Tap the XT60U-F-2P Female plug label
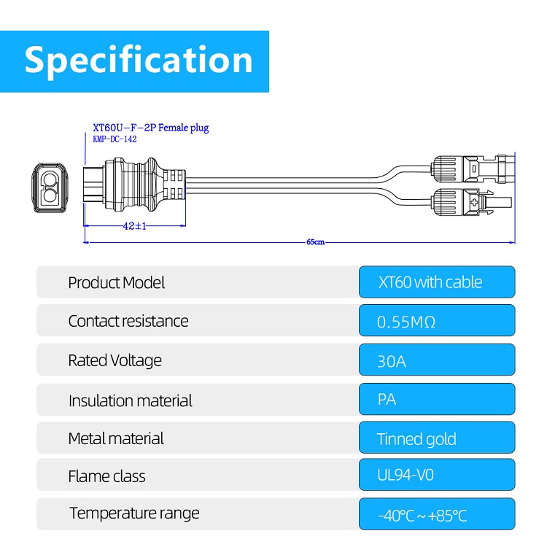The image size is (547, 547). pyautogui.click(x=151, y=128)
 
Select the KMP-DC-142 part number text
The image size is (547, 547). pyautogui.click(x=115, y=139)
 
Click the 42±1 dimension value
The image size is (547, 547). pyautogui.click(x=135, y=226)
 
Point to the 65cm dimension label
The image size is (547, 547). pyautogui.click(x=316, y=241)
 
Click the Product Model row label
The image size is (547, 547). pyautogui.click(x=117, y=282)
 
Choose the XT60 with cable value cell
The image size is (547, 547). pyautogui.click(x=437, y=282)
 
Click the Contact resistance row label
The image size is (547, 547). pyautogui.click(x=128, y=321)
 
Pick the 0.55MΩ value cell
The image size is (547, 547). pyautogui.click(x=437, y=321)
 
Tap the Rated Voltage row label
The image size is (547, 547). pyautogui.click(x=115, y=360)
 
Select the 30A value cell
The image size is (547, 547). pyautogui.click(x=437, y=360)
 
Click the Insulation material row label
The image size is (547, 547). pyautogui.click(x=131, y=400)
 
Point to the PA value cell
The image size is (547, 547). pyautogui.click(x=437, y=400)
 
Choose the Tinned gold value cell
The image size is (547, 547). pyautogui.click(x=437, y=438)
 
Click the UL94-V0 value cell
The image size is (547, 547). pyautogui.click(x=437, y=476)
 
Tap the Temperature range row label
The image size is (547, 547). pyautogui.click(x=134, y=513)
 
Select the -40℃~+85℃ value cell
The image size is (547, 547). pyautogui.click(x=437, y=515)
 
